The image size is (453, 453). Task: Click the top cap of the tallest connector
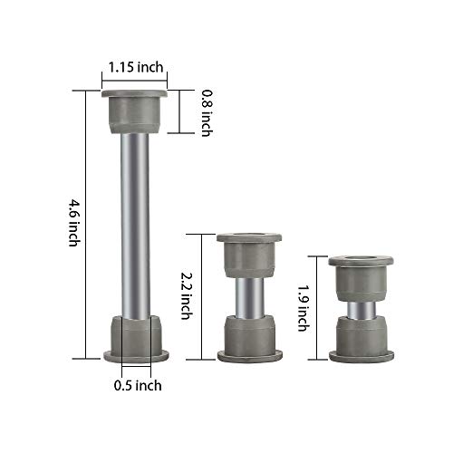point(134,109)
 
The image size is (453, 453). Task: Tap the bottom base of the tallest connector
point(134,337)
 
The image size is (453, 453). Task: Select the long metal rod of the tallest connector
point(134,222)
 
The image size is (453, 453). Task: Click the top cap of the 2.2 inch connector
point(248,254)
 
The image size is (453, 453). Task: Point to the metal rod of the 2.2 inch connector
point(248,295)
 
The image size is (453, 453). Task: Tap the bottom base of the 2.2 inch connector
point(248,337)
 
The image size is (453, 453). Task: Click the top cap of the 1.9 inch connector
point(361,275)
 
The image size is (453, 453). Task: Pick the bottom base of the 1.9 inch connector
point(361,341)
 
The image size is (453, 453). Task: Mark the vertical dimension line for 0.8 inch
point(193,111)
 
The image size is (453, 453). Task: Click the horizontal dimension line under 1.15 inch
point(134,80)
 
